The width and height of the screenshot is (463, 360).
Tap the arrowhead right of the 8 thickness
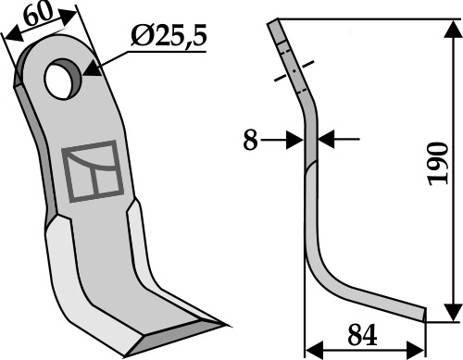(x=326, y=140)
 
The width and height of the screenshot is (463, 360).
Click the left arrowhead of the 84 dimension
(x=312, y=350)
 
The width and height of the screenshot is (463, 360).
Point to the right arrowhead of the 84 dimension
(x=419, y=350)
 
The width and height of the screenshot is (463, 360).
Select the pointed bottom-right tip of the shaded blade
(x=227, y=325)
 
